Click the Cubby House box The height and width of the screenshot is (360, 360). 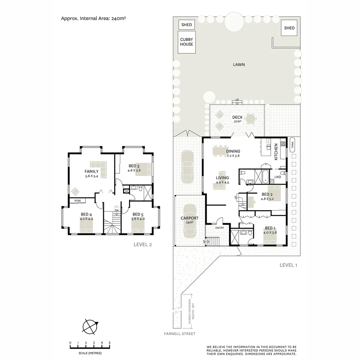coord(187,42)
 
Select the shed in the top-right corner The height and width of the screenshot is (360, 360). coord(289,28)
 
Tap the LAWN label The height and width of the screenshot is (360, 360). coord(239,64)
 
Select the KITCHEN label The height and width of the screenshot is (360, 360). coord(276,152)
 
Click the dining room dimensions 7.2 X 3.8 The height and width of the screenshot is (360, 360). coord(233,156)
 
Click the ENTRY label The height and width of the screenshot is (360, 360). coord(220,228)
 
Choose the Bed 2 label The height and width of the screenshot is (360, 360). coord(267,194)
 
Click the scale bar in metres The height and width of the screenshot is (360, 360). coord(90,347)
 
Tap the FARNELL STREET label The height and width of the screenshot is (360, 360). coord(180,334)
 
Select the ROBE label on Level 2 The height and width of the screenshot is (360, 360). coord(77,201)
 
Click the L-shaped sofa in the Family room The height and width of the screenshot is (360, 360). coord(99,168)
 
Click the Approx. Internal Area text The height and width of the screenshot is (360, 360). coord(93,18)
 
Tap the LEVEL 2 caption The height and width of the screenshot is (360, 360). coord(142,244)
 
